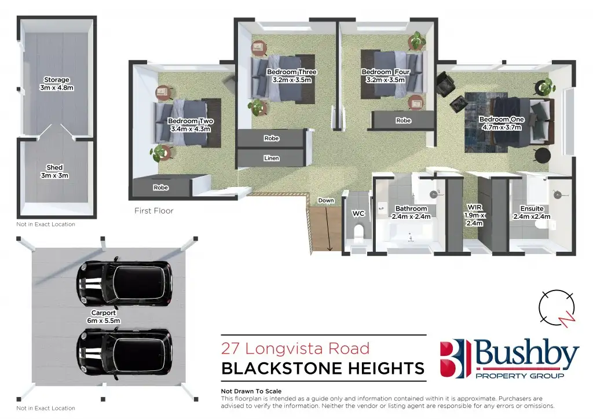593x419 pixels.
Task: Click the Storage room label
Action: [57, 84]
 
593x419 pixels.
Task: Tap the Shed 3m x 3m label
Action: [54, 171]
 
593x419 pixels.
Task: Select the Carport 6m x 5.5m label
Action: [104, 317]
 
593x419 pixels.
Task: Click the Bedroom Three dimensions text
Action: [292, 80]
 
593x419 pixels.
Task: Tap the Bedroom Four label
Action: [385, 72]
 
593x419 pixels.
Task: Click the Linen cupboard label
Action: [271, 158]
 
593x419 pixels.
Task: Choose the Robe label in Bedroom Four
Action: [403, 121]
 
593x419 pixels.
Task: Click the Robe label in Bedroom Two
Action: [161, 188]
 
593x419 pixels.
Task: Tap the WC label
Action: [358, 214]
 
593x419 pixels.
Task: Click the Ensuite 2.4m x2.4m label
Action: [531, 212]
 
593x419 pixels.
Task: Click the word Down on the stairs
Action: [327, 201]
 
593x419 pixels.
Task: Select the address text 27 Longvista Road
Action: [295, 348]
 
